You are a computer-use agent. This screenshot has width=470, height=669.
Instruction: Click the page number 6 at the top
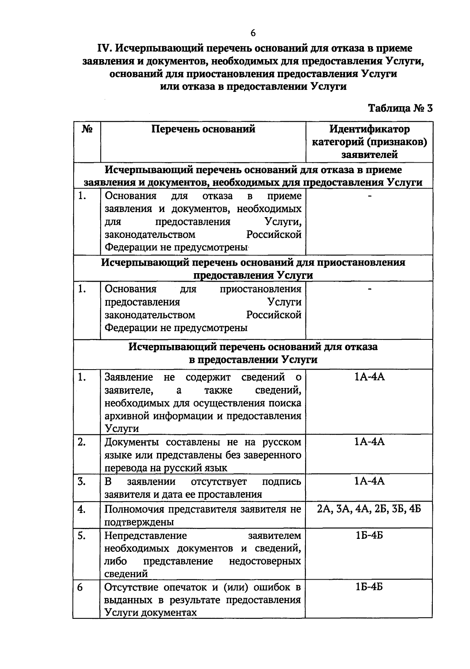(253, 33)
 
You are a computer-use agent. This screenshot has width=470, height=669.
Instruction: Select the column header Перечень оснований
(203, 129)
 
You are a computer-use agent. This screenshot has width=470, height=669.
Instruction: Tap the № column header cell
(87, 129)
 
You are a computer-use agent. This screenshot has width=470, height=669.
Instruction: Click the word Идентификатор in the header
(369, 129)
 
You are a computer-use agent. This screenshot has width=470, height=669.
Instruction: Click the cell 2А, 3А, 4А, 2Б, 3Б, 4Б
(369, 509)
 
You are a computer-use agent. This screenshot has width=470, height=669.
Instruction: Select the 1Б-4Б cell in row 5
(369, 535)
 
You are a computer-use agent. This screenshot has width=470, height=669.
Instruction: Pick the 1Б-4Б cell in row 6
(369, 587)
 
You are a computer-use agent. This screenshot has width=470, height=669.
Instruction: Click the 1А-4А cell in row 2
(369, 442)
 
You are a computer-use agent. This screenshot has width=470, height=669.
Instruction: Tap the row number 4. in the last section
(82, 509)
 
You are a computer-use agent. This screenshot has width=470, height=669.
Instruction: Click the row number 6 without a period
(80, 587)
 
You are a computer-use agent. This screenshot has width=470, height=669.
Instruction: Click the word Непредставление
(146, 535)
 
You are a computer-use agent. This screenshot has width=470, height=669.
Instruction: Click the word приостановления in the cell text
(260, 289)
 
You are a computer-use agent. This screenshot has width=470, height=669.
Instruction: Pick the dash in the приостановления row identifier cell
(369, 289)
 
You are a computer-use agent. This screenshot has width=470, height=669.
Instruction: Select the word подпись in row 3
(281, 481)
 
